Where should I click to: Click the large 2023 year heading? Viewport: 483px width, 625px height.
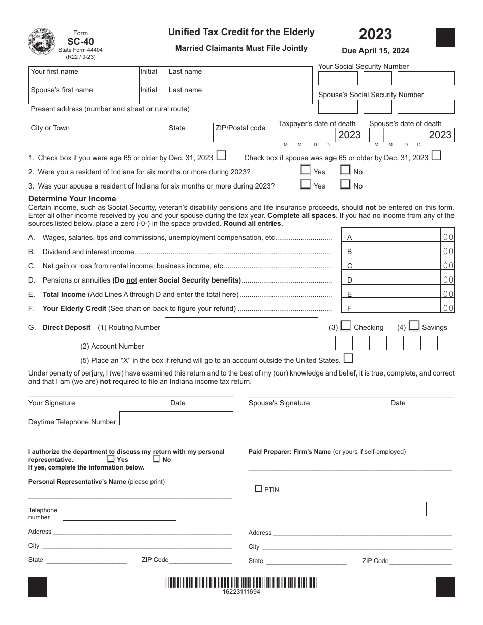(x=375, y=34)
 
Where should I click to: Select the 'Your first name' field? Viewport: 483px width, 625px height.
(x=83, y=76)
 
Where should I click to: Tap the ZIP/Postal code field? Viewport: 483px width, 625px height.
(x=243, y=132)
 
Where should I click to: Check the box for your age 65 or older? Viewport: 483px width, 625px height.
(x=221, y=156)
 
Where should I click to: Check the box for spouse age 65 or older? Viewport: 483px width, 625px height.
(x=436, y=156)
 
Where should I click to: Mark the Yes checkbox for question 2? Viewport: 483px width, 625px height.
(x=306, y=170)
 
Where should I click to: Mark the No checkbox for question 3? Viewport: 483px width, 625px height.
(x=345, y=184)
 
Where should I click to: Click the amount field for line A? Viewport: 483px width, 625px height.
(x=400, y=237)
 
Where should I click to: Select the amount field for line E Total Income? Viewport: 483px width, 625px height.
(x=400, y=294)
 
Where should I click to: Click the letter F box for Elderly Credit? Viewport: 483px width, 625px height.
(x=349, y=308)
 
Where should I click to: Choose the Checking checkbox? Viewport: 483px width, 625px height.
(x=346, y=326)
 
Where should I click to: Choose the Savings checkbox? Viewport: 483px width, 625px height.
(x=414, y=326)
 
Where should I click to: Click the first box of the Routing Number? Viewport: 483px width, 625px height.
(x=173, y=325)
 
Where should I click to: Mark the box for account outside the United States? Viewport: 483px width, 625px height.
(x=348, y=359)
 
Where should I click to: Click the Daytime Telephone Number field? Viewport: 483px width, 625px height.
(x=176, y=418)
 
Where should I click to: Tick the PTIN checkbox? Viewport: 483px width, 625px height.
(x=258, y=489)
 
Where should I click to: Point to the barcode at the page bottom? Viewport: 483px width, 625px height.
(x=241, y=583)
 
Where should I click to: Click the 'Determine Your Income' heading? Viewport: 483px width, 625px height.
(x=72, y=199)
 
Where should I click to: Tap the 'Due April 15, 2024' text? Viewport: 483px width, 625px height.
(x=375, y=51)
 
